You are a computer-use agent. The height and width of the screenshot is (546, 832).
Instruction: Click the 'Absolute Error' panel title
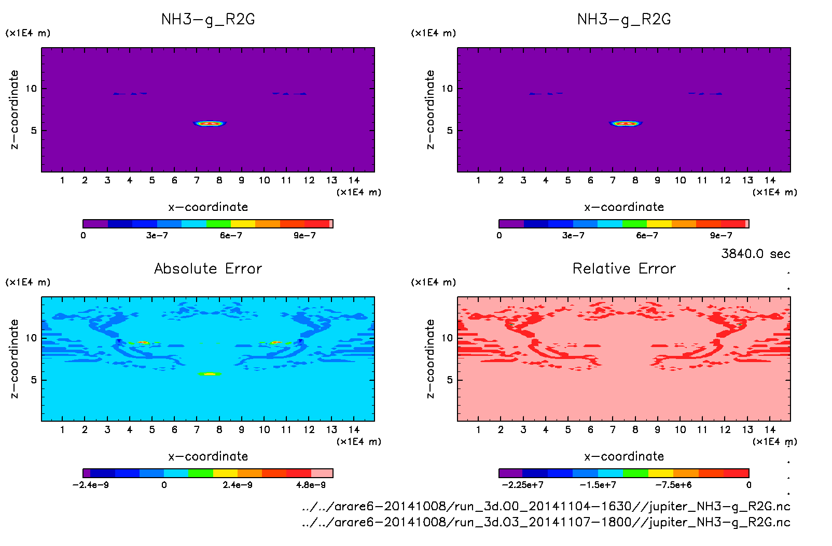click(x=208, y=268)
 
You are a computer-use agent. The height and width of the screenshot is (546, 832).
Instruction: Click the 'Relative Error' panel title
click(x=624, y=268)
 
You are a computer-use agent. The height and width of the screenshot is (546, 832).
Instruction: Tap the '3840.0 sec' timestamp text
click(x=755, y=254)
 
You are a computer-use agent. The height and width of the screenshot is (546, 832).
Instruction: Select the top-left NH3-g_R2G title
click(x=208, y=20)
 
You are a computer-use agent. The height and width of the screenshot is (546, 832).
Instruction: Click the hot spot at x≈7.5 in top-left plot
click(x=210, y=123)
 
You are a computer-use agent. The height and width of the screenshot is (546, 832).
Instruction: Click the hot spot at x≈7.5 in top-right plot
click(x=626, y=123)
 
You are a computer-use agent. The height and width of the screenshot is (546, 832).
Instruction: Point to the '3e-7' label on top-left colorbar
click(x=157, y=236)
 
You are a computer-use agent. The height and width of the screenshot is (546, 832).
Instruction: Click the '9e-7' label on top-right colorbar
click(x=721, y=236)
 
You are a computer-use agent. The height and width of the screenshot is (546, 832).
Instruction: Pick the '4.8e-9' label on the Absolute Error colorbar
click(x=311, y=485)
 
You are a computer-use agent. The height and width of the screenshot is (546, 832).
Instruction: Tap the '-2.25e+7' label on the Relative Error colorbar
click(x=522, y=485)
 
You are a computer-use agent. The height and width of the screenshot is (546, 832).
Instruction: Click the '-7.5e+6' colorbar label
click(x=673, y=485)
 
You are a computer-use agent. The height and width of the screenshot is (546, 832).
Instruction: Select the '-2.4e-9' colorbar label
click(x=91, y=485)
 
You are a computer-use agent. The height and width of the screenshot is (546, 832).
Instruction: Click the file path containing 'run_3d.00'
click(x=546, y=506)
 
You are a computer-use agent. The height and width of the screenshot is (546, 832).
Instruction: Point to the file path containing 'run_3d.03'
click(x=546, y=522)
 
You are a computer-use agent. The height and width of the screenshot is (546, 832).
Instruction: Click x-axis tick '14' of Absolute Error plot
click(x=354, y=429)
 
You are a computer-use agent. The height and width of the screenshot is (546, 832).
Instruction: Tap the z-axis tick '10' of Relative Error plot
click(x=447, y=338)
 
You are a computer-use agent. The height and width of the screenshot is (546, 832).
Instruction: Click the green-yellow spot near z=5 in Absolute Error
click(x=210, y=373)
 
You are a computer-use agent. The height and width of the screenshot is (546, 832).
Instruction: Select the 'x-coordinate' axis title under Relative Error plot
click(x=624, y=456)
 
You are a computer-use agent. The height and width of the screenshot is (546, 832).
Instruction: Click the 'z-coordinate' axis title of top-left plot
click(x=14, y=109)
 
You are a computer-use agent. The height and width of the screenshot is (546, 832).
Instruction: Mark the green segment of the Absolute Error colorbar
click(x=201, y=473)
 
